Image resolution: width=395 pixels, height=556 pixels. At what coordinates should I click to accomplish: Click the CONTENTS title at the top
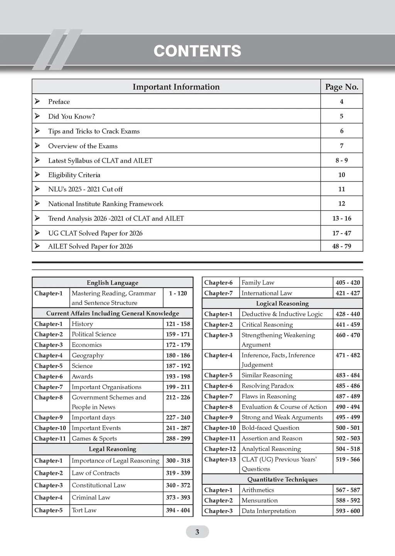pyautogui.click(x=197, y=51)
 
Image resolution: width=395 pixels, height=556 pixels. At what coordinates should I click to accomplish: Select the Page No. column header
pyautogui.click(x=341, y=87)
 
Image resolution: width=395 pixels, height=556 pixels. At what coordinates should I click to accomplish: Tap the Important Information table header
pyautogui.click(x=176, y=87)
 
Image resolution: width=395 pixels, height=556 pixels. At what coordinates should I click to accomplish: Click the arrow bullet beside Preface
pyautogui.click(x=37, y=101)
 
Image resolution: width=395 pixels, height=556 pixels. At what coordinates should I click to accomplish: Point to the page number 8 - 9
pyautogui.click(x=341, y=160)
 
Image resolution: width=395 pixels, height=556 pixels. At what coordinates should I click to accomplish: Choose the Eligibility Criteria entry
pyautogui.click(x=74, y=175)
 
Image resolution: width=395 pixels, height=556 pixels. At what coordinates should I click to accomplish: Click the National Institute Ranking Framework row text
pyautogui.click(x=105, y=204)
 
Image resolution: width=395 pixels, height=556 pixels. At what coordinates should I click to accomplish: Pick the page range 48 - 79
pyautogui.click(x=341, y=246)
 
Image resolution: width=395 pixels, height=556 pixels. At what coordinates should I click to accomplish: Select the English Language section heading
pyautogui.click(x=112, y=283)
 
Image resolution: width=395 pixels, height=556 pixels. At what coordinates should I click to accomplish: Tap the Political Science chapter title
pyautogui.click(x=94, y=334)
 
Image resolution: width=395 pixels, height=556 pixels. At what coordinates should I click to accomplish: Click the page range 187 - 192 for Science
pyautogui.click(x=178, y=366)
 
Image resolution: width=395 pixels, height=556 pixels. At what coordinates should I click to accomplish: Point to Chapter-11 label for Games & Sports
pyautogui.click(x=50, y=439)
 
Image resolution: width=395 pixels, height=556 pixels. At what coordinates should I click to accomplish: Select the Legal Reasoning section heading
pyautogui.click(x=112, y=449)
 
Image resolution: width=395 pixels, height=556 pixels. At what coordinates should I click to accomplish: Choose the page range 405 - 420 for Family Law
pyautogui.click(x=348, y=283)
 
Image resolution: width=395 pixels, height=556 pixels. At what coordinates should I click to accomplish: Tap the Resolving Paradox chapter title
pyautogui.click(x=267, y=386)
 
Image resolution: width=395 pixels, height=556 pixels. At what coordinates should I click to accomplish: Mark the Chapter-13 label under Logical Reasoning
pyautogui.click(x=220, y=459)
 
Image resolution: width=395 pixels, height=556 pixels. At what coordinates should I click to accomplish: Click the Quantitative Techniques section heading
pyautogui.click(x=282, y=480)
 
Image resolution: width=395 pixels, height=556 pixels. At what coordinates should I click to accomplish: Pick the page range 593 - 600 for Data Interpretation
pyautogui.click(x=348, y=511)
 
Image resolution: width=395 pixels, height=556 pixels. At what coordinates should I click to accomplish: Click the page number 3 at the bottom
pyautogui.click(x=197, y=532)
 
